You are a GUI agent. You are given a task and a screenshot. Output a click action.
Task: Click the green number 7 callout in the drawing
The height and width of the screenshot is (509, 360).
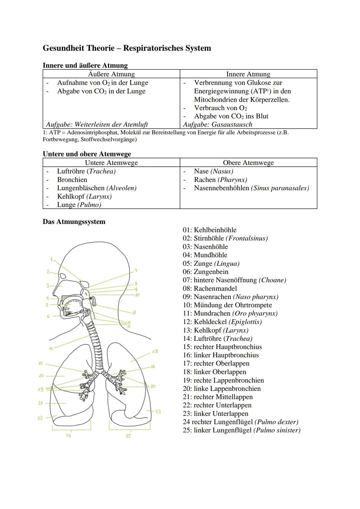pyautogui.click(x=136, y=270)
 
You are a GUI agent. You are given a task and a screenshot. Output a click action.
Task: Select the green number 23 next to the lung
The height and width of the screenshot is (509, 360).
pyautogui.click(x=158, y=411)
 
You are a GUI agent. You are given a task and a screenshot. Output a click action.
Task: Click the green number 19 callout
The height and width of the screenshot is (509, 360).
pyautogui.click(x=41, y=389)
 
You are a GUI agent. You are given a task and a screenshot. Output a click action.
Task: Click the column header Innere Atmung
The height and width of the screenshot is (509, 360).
pyautogui.click(x=248, y=74)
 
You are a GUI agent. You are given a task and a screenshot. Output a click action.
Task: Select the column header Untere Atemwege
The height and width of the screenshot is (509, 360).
pyautogui.click(x=111, y=163)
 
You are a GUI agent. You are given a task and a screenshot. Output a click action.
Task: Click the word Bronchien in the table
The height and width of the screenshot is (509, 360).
pyautogui.click(x=72, y=180)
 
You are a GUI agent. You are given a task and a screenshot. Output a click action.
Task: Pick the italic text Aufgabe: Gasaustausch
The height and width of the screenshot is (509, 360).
pyautogui.click(x=217, y=125)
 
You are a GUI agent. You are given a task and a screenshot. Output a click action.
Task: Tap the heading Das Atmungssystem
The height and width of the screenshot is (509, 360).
pyautogui.click(x=74, y=222)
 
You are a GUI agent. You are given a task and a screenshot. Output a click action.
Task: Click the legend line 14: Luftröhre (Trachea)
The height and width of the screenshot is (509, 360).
pyautogui.click(x=217, y=339)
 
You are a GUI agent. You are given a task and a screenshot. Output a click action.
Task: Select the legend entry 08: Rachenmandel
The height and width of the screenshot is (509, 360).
pyautogui.click(x=210, y=289)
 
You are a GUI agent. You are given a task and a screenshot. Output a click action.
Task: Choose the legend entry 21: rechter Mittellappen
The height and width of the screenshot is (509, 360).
pyautogui.click(x=217, y=397)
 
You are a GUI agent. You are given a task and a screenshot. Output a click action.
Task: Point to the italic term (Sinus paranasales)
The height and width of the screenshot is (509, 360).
pyautogui.click(x=280, y=188)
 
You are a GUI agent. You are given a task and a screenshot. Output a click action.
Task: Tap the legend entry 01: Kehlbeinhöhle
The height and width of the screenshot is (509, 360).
pyautogui.click(x=209, y=230)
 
